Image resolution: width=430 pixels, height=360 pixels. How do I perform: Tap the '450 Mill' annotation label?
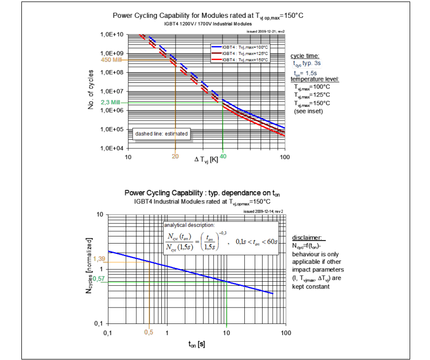pos(112,59)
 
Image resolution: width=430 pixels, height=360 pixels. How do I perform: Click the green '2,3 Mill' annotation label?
pos(112,102)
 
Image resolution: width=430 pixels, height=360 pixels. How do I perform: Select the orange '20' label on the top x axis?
pos(175,157)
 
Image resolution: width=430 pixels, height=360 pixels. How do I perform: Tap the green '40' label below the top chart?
pos(223,157)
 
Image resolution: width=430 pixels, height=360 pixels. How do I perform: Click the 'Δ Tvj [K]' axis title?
pos(206,160)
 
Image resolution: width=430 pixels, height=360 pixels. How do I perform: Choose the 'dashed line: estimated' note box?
pos(161,134)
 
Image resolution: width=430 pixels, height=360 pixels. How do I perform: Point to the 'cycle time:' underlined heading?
pos(305,56)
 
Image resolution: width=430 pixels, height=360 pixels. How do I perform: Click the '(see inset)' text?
pos(308,111)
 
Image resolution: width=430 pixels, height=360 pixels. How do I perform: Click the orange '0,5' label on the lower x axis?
pos(149,333)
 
